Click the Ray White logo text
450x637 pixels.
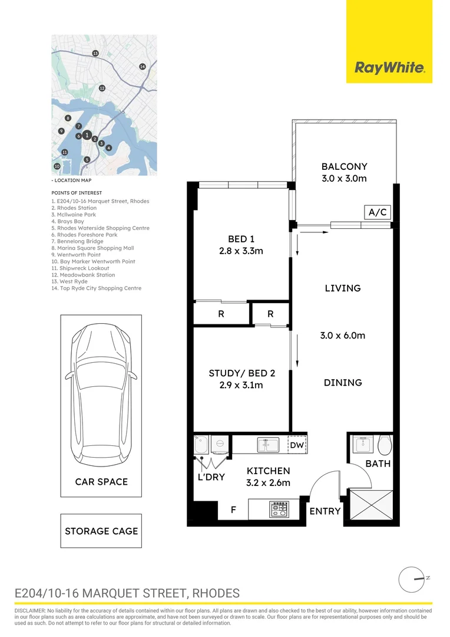click(389, 68)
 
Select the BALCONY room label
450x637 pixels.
click(344, 166)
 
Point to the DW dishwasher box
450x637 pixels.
click(297, 445)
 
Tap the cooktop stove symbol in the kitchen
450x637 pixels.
click(279, 509)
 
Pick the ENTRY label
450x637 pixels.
click(325, 511)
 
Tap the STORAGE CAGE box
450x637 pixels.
click(101, 531)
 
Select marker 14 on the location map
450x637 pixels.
click(142, 67)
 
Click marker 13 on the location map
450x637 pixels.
click(95, 53)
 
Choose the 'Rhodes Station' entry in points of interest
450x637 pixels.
click(74, 208)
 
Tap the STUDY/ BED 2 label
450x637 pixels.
click(241, 373)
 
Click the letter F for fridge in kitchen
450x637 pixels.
click(233, 510)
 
